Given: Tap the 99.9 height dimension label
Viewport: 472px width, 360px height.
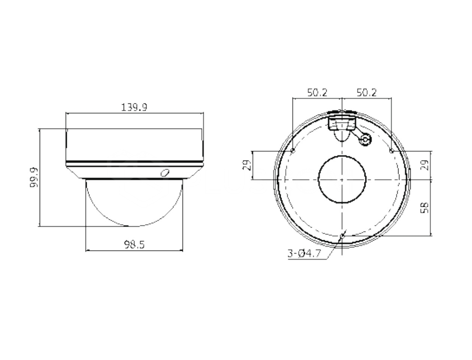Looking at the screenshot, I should point(34,178).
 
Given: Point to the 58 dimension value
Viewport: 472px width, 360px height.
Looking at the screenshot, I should point(425,207).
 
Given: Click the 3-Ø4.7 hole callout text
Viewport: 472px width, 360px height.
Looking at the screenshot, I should point(304,254).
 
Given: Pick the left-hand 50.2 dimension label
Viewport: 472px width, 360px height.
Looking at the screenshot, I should point(317,92).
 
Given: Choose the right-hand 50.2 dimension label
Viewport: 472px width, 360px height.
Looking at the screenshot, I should point(366,92).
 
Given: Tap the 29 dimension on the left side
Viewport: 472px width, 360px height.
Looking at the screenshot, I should point(246,165).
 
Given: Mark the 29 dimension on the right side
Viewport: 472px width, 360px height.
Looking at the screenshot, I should point(424,165).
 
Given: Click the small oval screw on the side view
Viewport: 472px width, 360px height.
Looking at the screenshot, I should point(164,172).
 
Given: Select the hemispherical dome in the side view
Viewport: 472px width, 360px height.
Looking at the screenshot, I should point(134,202).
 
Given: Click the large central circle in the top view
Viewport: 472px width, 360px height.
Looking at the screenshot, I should point(342,179).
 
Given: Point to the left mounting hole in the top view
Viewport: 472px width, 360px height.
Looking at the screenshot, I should point(293,151).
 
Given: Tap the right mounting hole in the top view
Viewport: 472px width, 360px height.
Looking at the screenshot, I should point(391,151).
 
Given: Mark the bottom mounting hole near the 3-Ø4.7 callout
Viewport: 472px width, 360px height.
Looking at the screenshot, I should point(342,236).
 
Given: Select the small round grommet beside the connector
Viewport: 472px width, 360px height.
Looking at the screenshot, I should point(364,140).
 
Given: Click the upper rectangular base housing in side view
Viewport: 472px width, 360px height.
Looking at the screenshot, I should point(134,144).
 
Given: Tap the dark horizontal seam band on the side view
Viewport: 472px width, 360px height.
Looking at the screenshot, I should point(134,163).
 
